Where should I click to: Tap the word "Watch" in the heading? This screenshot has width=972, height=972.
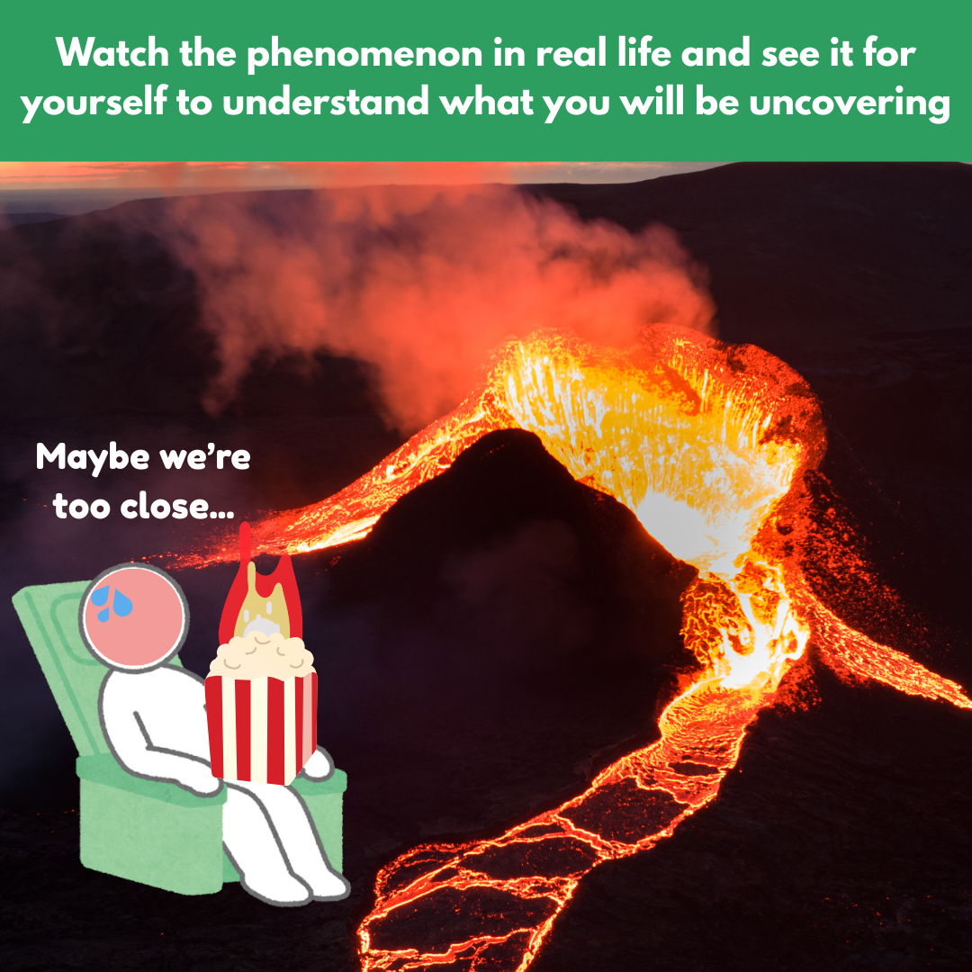coord(112,52)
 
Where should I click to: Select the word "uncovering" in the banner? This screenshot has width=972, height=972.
coord(850,103)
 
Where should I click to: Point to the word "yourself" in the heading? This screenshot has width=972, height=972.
coord(94,102)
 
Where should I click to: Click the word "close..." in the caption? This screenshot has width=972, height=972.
coord(177,507)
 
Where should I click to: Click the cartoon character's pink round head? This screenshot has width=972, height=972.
coord(134,616)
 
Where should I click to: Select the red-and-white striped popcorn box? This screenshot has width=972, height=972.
coord(261,727)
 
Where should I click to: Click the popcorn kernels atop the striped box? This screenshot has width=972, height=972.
coord(261,656)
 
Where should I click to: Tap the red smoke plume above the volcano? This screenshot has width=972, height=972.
coord(434,292)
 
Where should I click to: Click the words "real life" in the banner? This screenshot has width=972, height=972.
coord(604,52)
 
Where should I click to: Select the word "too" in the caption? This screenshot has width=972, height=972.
coord(82,507)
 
